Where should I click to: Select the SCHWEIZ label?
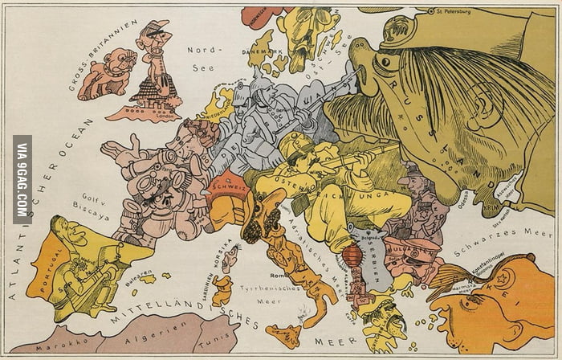click(x=225, y=182)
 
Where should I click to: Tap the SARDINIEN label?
click(x=215, y=273)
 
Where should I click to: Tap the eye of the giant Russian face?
click(x=387, y=60)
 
